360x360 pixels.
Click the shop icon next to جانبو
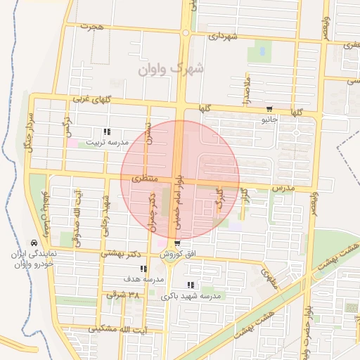tap(269, 109)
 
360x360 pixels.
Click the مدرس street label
tap(282, 188)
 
